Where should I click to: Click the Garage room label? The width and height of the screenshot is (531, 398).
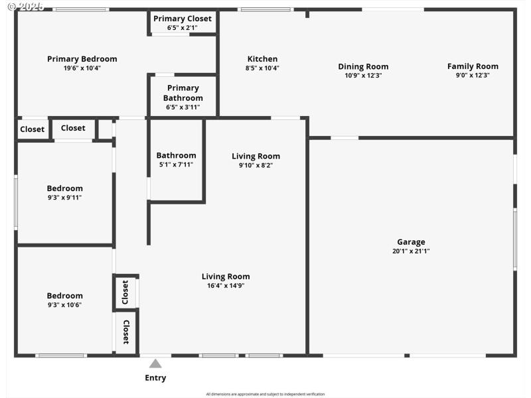[411, 242]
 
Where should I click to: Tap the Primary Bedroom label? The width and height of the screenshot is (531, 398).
[82, 59]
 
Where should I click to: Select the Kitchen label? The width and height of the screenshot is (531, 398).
[262, 59]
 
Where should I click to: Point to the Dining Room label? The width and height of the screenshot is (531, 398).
[363, 66]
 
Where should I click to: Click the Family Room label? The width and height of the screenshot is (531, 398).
[473, 66]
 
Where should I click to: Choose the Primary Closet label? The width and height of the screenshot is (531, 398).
[183, 19]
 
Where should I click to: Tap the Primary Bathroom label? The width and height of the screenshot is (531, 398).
[183, 93]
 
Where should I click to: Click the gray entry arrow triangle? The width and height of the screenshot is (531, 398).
[155, 364]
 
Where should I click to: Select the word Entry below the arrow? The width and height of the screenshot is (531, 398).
[155, 378]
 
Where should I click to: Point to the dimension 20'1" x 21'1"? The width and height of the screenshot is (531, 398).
[411, 251]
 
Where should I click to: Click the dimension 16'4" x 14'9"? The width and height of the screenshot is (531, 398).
[226, 286]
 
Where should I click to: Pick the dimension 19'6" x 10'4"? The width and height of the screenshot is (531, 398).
[82, 68]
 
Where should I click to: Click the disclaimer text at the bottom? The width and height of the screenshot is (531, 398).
[265, 394]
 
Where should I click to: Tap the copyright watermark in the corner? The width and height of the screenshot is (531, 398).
[25, 7]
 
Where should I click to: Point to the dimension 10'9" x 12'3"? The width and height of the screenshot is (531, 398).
[363, 76]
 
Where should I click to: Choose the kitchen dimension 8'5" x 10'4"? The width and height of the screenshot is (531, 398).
[262, 68]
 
